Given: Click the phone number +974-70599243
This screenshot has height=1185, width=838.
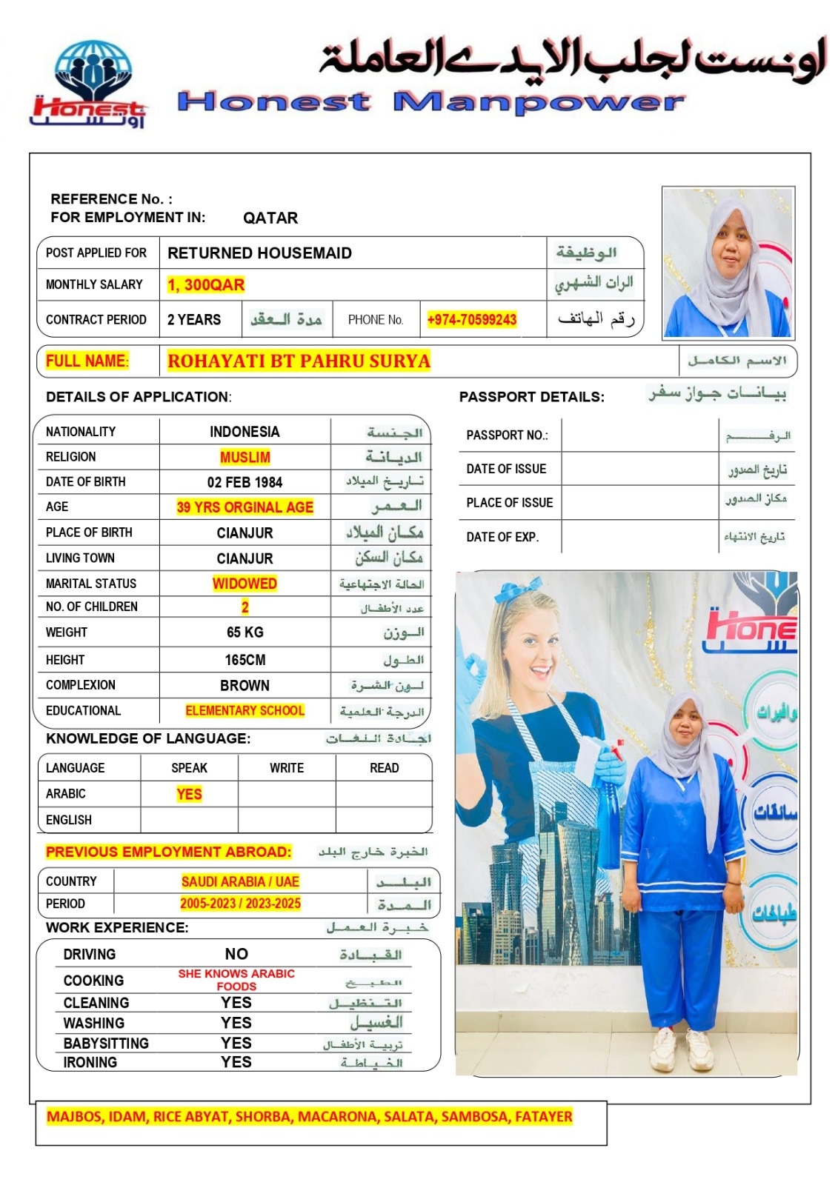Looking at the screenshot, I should (471, 320).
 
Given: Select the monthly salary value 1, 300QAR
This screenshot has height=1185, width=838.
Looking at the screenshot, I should (205, 285).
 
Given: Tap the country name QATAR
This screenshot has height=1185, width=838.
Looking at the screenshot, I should (270, 218).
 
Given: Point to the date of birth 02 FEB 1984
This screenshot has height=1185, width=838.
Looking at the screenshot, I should (245, 482).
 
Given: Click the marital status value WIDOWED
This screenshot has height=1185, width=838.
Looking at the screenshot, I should (245, 584).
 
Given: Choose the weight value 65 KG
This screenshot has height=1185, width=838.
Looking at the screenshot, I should (245, 632).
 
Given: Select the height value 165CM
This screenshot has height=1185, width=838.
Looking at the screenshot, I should (245, 660).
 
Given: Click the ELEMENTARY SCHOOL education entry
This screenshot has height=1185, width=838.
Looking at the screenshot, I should (245, 711).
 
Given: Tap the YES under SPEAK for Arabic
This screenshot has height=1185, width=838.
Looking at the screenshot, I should (189, 794).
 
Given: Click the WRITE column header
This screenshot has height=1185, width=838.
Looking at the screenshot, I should (287, 768).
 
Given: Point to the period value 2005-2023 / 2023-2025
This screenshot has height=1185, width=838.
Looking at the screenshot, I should (240, 904).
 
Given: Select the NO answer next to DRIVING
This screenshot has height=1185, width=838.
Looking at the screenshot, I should (236, 954).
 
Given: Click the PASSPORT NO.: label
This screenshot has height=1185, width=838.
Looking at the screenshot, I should (507, 435).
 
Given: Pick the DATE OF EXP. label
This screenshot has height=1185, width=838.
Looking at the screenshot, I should (502, 537).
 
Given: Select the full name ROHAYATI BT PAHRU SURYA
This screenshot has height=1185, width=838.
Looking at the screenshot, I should (299, 361).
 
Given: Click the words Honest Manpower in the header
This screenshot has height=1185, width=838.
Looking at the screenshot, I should (430, 102).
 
